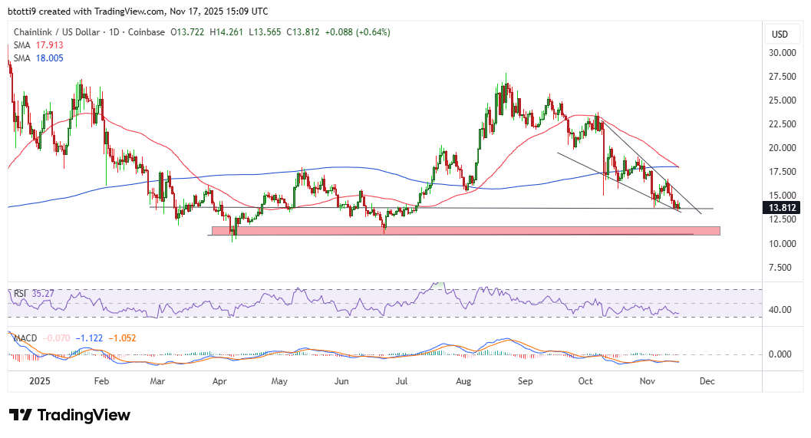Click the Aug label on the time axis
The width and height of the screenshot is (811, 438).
pyautogui.click(x=463, y=380)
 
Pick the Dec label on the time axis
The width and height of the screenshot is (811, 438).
pyautogui.click(x=707, y=380)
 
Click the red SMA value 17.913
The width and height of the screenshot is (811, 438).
pyautogui.click(x=49, y=45)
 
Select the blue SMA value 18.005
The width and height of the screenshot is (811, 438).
pyautogui.click(x=49, y=58)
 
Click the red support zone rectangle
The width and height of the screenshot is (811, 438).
pyautogui.click(x=460, y=230)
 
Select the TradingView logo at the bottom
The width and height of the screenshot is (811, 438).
pyautogui.click(x=70, y=415)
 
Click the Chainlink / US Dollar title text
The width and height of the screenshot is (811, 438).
pyautogui.click(x=60, y=32)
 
